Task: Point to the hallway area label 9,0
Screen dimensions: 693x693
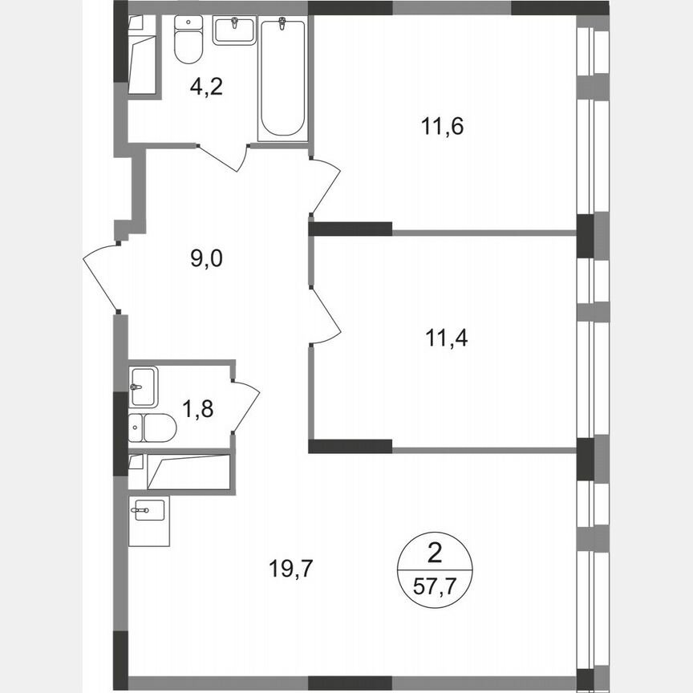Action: pyautogui.click(x=205, y=258)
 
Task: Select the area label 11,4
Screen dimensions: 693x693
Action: pyautogui.click(x=447, y=338)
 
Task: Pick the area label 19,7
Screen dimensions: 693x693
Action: pyautogui.click(x=290, y=569)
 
